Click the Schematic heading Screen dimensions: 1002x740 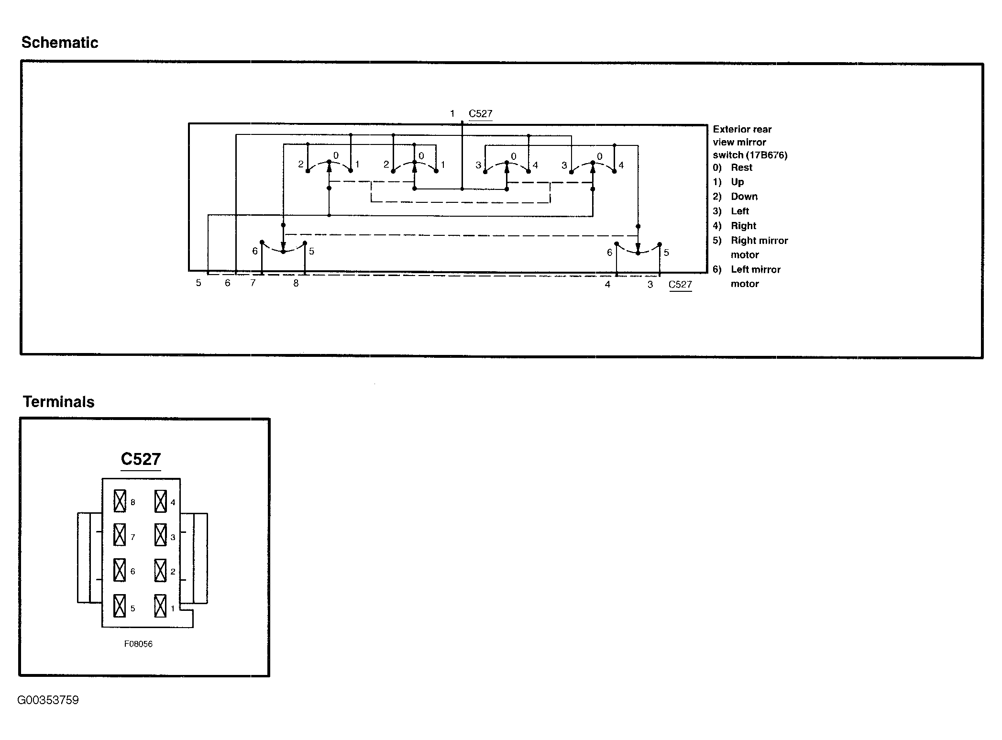coord(60,43)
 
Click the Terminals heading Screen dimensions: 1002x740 coord(59,402)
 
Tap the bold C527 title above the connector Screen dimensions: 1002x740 coord(141,459)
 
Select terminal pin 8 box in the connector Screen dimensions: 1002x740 coord(120,501)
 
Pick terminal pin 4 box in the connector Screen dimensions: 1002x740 coord(161,501)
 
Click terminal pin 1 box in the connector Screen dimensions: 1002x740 coord(161,606)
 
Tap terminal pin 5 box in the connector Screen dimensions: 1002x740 coord(120,606)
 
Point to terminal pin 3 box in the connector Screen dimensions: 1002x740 coord(161,535)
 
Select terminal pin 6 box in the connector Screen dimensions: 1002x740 coord(120,570)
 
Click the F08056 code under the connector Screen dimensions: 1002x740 coord(138,644)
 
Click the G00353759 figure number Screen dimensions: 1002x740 coord(48,700)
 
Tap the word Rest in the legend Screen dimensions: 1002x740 coord(741,167)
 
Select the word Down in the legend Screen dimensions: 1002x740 coord(744,197)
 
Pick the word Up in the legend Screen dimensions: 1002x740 coord(738,182)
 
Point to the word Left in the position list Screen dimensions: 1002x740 coord(740,211)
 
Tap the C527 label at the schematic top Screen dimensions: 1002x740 coord(480,114)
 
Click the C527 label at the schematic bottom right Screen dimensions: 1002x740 coord(680,285)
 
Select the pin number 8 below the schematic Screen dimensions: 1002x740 coord(296,283)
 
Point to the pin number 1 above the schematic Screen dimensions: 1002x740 coord(452,114)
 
